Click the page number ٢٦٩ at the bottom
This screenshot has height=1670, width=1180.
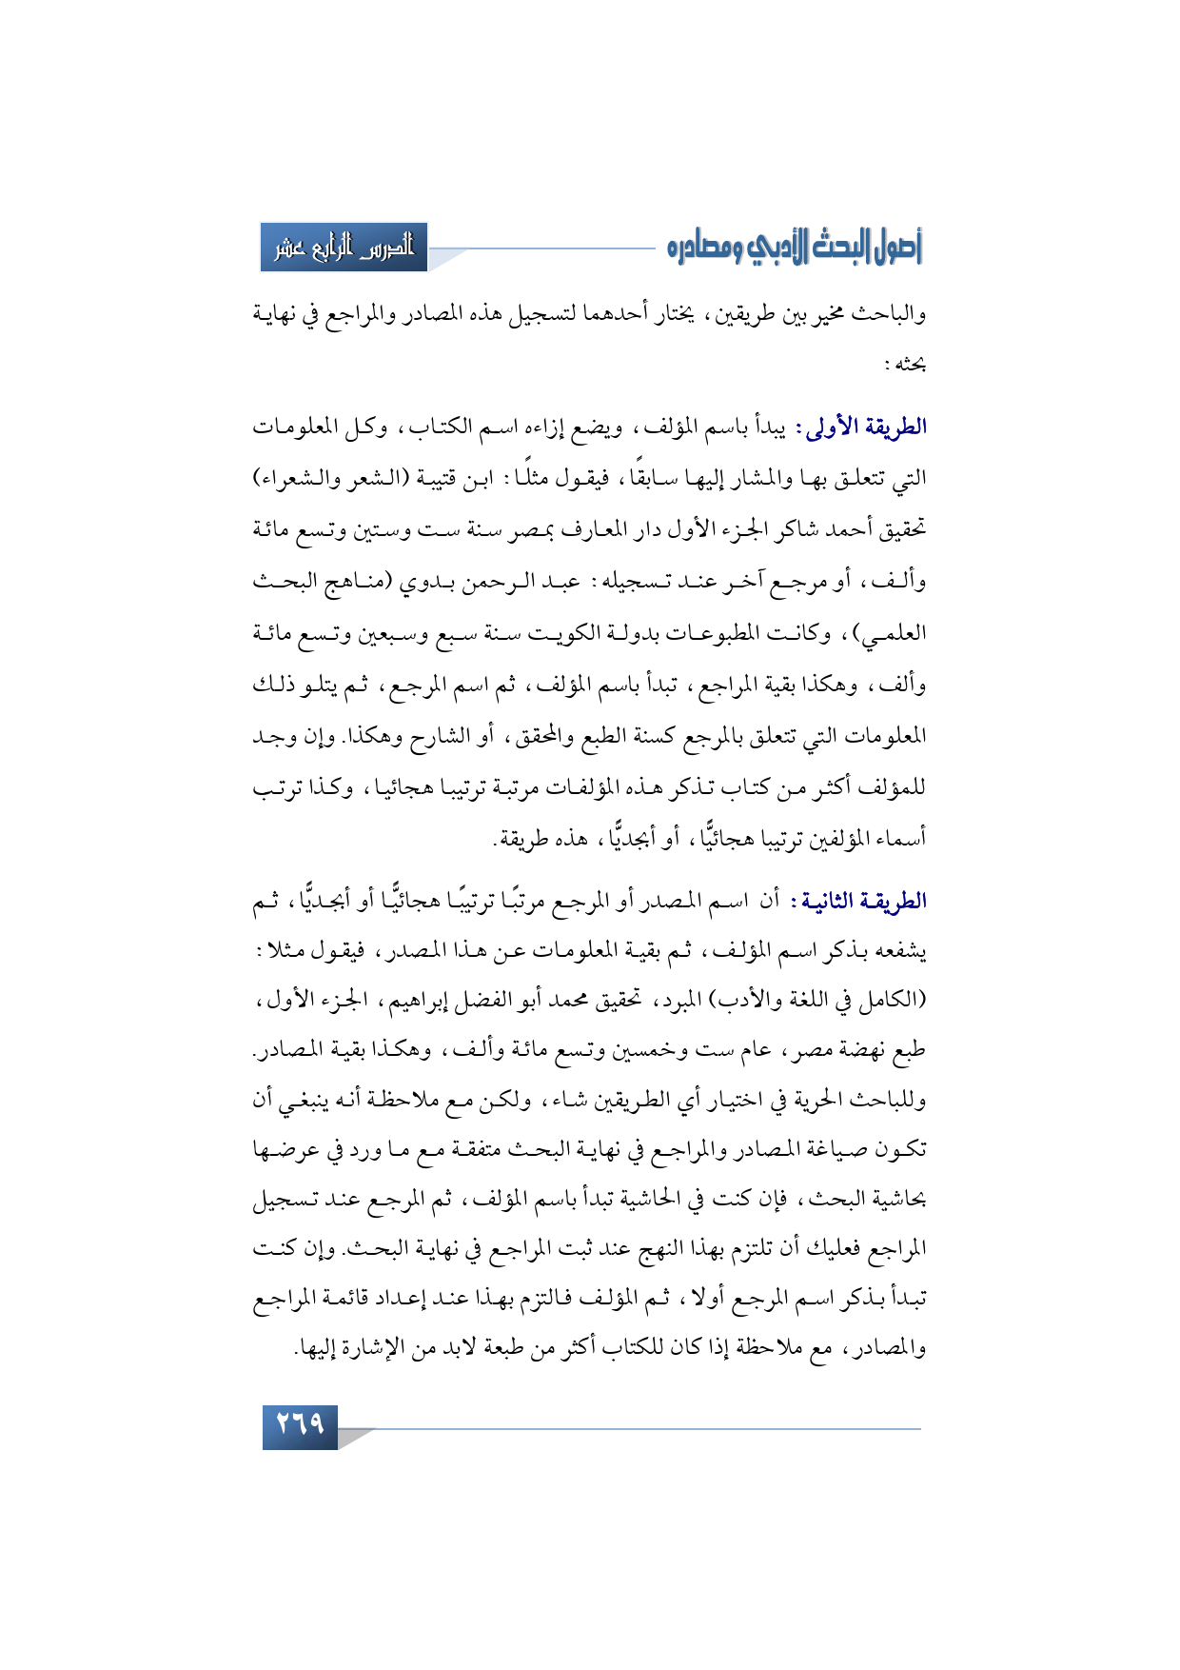coord(300,1425)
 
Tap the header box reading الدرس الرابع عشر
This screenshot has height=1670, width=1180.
coord(344,248)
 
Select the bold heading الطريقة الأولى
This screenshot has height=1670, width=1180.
coord(866,427)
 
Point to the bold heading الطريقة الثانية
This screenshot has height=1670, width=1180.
coord(865,901)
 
